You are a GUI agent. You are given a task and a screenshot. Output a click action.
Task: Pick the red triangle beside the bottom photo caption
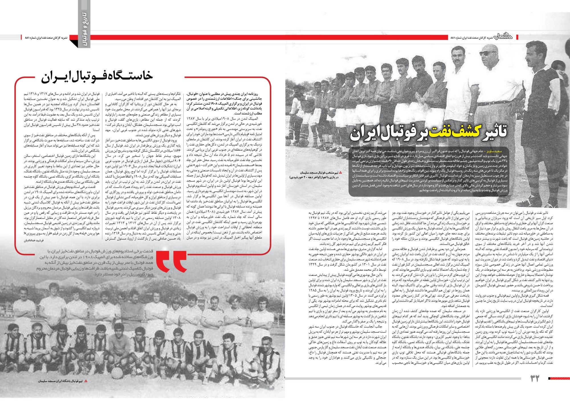[86, 381]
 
